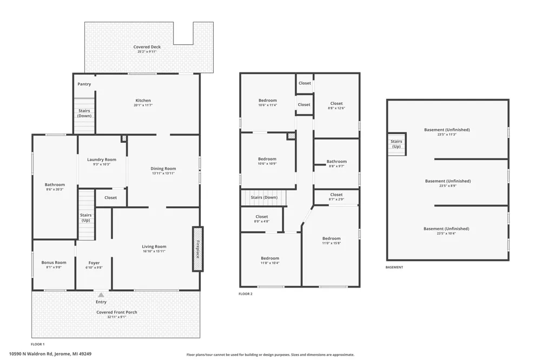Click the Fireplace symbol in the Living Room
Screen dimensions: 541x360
point(197,249)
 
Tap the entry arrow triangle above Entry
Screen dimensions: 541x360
point(101,295)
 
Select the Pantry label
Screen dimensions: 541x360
point(84,84)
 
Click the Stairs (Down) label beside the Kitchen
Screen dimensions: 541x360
point(84,113)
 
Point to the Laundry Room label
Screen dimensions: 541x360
point(102,159)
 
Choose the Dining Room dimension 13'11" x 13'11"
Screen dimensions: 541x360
point(163,174)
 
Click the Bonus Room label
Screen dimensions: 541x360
point(54,262)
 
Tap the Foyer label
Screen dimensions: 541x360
point(94,263)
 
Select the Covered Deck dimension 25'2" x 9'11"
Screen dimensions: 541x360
point(147,52)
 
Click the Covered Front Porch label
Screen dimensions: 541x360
point(117,312)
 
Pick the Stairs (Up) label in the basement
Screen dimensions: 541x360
point(397,144)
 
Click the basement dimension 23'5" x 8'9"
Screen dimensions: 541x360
point(448,186)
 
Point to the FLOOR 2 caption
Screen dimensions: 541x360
point(245,294)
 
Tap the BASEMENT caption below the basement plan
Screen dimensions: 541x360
point(394,267)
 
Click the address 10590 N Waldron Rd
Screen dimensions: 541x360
point(31,354)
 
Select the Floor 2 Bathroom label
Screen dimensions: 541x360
point(337,162)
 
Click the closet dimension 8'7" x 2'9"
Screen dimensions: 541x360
point(337,199)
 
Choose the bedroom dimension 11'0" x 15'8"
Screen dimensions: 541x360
point(331,243)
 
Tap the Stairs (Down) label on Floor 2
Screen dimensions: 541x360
point(264,198)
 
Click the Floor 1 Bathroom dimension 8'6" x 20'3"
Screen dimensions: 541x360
point(55,189)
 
